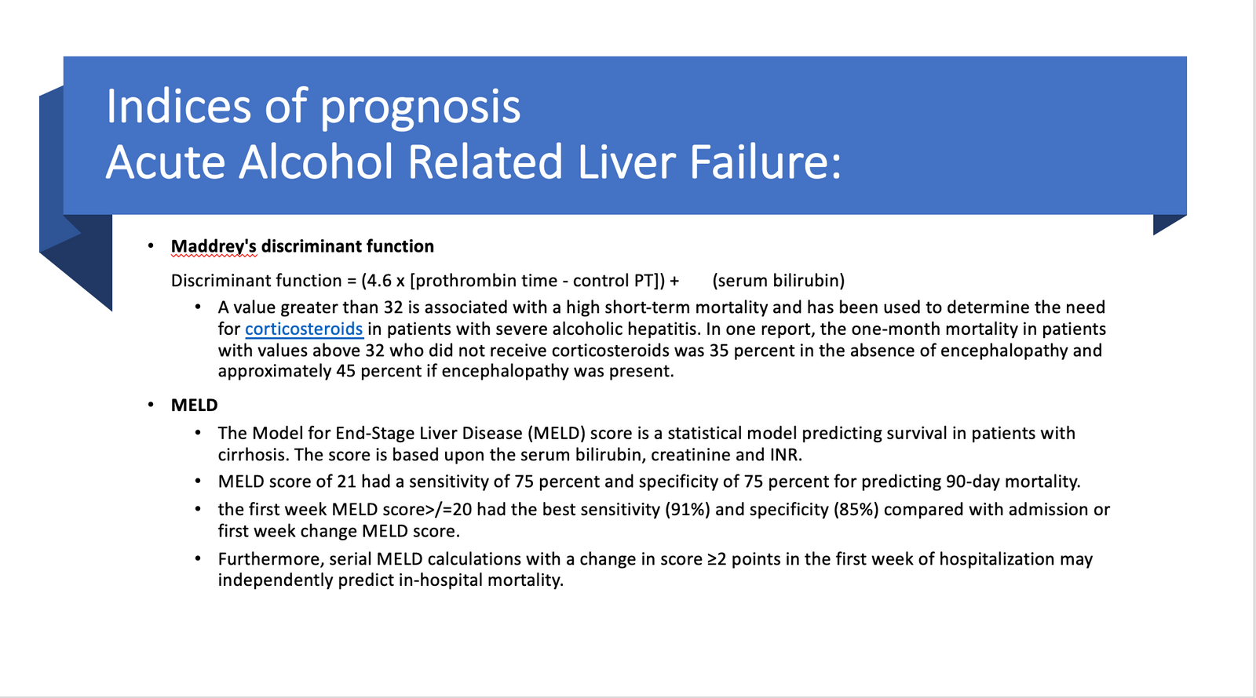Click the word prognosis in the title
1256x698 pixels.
[420, 107]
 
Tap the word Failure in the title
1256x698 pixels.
[765, 162]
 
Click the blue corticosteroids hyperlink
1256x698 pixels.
[304, 329]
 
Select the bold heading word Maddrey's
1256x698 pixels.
[214, 246]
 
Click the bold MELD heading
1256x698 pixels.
[194, 405]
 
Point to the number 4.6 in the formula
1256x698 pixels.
[379, 280]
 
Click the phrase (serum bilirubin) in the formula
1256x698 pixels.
[778, 280]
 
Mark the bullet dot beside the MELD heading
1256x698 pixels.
[150, 405]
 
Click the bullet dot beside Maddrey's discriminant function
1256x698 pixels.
[150, 245]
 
